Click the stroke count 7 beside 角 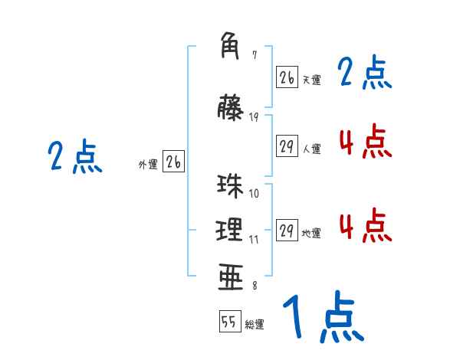pos(255,55)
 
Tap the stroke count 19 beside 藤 pos(255,116)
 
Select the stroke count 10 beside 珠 pos(255,193)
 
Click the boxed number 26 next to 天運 pos(287,77)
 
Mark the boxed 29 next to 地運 pos(287,231)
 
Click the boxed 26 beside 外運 pos(173,162)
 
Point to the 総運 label pos(255,325)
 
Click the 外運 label pos(148,164)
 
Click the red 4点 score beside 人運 pos(365,141)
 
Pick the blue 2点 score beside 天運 pos(365,74)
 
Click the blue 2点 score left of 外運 pos(75,158)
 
